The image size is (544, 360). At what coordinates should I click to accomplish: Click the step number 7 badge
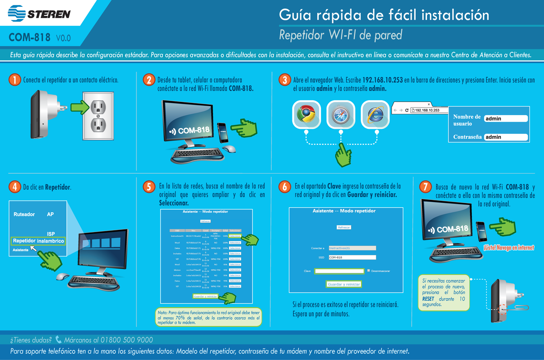(x=425, y=187)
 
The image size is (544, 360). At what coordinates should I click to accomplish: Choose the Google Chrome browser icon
(x=306, y=114)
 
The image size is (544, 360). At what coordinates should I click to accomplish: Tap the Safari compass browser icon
(x=340, y=114)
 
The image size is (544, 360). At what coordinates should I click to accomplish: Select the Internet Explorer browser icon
(x=375, y=114)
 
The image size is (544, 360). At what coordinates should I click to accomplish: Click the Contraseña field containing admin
(x=505, y=137)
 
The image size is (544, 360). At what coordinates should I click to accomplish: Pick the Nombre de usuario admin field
(x=505, y=119)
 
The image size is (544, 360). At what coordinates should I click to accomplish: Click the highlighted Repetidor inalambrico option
(x=39, y=241)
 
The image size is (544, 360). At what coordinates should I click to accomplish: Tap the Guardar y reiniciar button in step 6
(x=344, y=284)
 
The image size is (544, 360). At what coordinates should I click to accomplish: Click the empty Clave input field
(x=340, y=271)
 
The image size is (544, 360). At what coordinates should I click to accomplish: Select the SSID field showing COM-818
(x=352, y=258)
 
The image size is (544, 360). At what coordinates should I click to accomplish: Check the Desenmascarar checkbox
(x=369, y=271)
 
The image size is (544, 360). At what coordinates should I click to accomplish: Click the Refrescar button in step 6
(x=344, y=227)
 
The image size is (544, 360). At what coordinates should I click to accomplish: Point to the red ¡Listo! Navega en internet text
(x=508, y=248)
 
